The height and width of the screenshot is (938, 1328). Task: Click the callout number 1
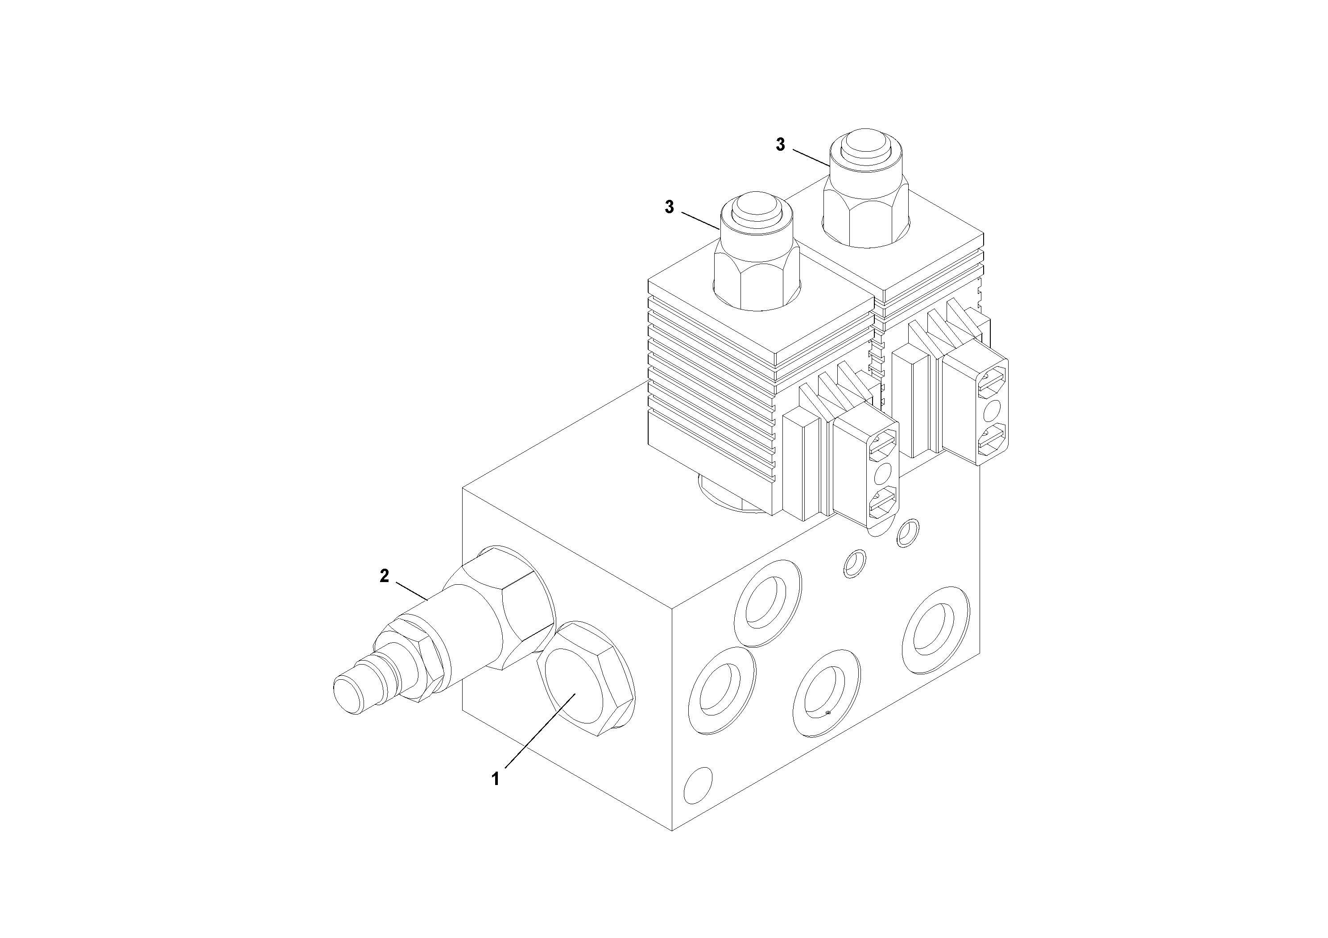point(495,779)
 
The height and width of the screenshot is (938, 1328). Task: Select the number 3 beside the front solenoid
point(669,207)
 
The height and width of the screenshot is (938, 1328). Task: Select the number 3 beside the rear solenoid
point(780,145)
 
